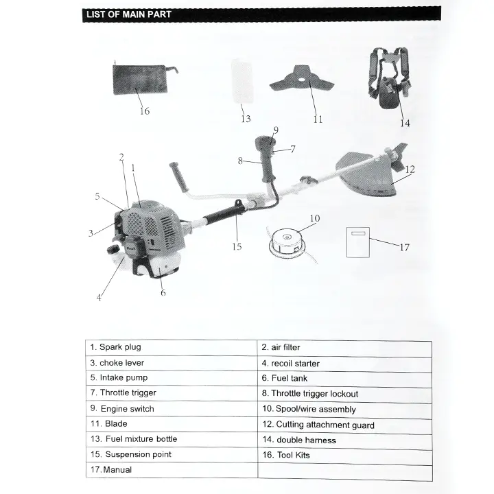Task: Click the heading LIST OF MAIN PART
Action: (x=128, y=14)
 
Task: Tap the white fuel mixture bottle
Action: (x=242, y=82)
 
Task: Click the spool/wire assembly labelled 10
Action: (x=285, y=244)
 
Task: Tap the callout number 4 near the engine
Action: (x=99, y=298)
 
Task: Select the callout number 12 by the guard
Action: (x=410, y=169)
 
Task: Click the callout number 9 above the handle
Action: (x=275, y=130)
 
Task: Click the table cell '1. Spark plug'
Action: (x=172, y=347)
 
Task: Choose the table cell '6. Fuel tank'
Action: (x=344, y=378)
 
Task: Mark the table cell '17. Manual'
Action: (x=172, y=470)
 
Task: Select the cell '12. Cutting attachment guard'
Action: (x=344, y=425)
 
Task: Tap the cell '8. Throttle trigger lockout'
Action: (x=344, y=394)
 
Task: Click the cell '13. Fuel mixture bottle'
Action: (x=172, y=439)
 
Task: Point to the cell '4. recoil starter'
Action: (x=344, y=363)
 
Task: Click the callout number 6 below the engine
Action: (x=163, y=292)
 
